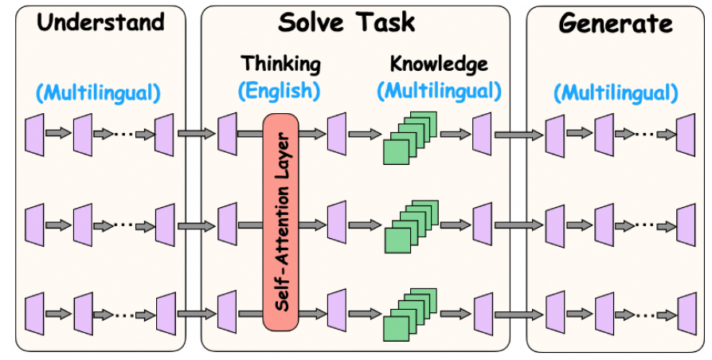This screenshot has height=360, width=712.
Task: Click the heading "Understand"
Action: tap(100, 22)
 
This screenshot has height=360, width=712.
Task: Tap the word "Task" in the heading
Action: tap(385, 22)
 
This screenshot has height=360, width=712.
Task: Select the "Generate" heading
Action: tap(616, 22)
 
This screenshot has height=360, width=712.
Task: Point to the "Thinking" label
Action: tap(280, 64)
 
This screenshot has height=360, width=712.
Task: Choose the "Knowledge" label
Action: tap(439, 64)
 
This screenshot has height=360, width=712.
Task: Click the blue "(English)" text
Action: tap(280, 92)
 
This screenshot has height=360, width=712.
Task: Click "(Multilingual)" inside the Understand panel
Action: tap(98, 93)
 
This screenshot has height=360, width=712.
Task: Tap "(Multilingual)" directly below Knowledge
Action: tap(439, 92)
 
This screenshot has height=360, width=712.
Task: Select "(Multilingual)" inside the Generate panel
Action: tap(616, 93)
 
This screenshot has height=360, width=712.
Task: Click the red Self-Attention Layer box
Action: tap(280, 222)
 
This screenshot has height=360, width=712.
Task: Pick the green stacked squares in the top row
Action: tap(409, 138)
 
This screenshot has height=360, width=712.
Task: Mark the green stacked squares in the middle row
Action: tap(411, 226)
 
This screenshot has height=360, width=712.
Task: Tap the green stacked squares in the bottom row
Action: tap(409, 315)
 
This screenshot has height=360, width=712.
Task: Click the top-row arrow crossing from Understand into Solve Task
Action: tap(196, 134)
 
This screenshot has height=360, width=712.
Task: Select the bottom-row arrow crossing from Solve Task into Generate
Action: tap(518, 314)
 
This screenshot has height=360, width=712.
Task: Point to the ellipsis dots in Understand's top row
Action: tap(124, 134)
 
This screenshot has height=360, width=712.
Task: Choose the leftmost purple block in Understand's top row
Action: tap(34, 135)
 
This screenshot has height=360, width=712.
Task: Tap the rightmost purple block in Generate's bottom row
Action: tap(687, 314)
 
